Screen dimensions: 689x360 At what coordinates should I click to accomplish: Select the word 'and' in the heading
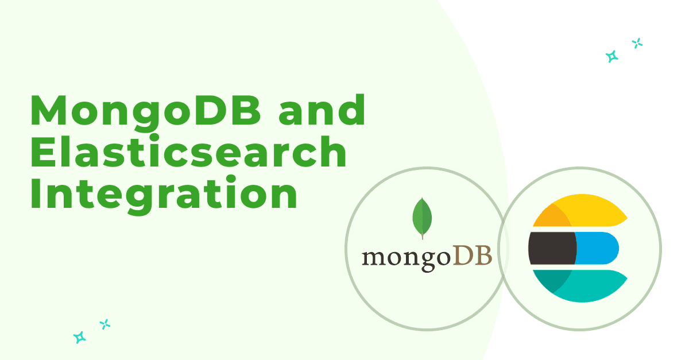tap(322, 110)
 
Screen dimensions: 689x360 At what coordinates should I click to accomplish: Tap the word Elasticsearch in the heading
tap(188, 152)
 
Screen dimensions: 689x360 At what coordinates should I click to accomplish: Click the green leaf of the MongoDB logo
tap(422, 218)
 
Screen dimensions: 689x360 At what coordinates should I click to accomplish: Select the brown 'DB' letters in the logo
tap(473, 255)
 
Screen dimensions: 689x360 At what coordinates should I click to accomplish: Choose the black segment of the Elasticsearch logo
tap(552, 248)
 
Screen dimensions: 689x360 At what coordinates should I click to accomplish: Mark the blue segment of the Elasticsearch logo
tap(597, 248)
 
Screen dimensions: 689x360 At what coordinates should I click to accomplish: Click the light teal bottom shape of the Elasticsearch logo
tap(592, 286)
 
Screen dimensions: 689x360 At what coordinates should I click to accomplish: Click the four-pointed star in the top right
tap(612, 56)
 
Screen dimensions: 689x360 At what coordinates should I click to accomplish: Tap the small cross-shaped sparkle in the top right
tap(637, 44)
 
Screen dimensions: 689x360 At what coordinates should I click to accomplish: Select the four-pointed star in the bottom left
tap(80, 337)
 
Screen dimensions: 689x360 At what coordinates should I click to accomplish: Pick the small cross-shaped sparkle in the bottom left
tap(105, 324)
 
